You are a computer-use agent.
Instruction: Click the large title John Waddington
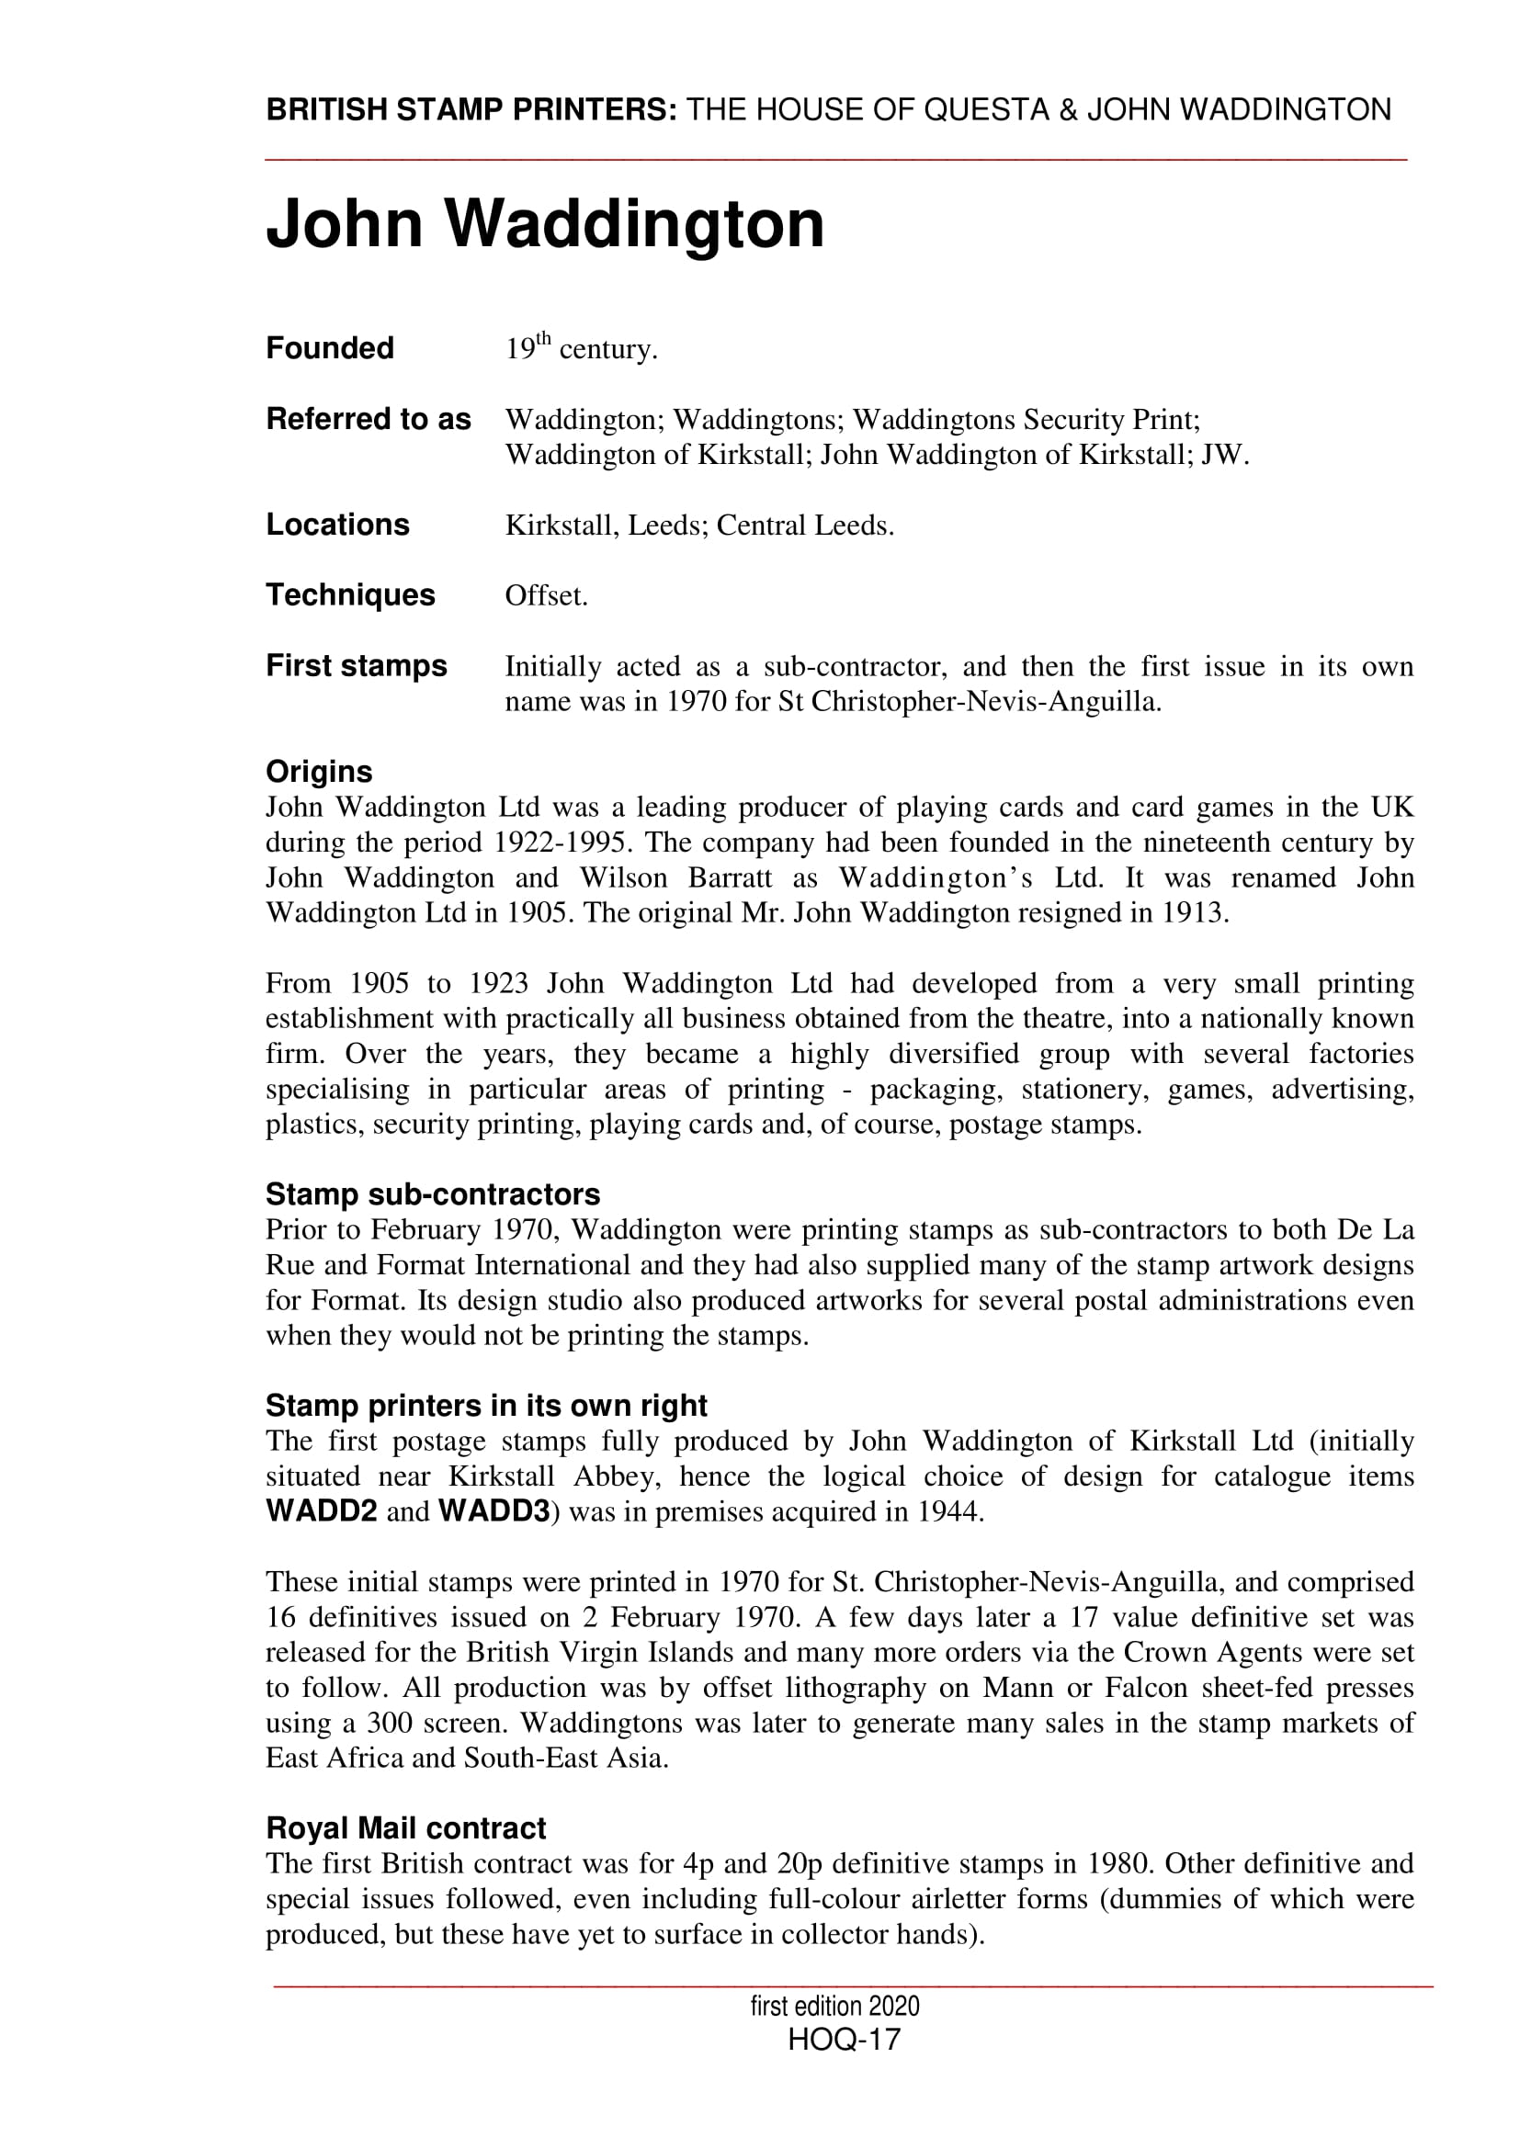[545, 223]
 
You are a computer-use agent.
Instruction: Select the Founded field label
[330, 348]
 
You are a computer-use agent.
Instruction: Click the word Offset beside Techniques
[546, 595]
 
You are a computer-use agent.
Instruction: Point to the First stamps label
[356, 665]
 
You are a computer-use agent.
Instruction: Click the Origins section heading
[318, 771]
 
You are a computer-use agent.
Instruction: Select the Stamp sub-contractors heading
[433, 1194]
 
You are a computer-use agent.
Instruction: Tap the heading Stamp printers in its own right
[486, 1406]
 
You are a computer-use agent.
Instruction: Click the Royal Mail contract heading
[405, 1828]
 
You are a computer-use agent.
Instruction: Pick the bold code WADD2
[321, 1511]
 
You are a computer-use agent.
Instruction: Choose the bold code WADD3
[493, 1511]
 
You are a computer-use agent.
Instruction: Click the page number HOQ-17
[844, 2039]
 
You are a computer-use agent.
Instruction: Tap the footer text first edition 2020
[834, 2006]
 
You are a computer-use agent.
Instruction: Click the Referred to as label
[368, 418]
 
